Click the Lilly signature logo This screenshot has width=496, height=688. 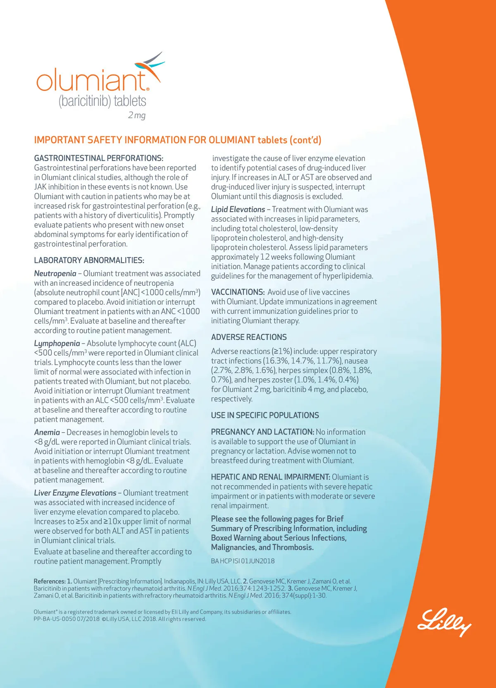[444, 621]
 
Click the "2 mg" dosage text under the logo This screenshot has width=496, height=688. [137, 115]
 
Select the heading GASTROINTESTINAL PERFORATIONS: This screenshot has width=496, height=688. [98, 158]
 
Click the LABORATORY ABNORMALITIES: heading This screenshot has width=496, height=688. [89, 260]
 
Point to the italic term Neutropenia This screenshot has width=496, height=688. [55, 274]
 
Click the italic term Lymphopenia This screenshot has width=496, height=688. [57, 344]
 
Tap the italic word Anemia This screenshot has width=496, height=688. [47, 432]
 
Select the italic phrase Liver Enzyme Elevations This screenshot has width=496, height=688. [75, 493]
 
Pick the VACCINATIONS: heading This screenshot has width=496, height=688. [238, 292]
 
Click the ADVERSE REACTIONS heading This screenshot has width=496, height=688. [249, 337]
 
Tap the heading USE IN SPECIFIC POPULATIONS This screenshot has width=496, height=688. [265, 416]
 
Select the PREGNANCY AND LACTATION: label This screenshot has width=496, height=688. [262, 432]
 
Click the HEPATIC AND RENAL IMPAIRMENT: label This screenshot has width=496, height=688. [270, 477]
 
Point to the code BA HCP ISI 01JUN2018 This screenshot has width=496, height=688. [243, 561]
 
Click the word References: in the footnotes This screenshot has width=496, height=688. [50, 581]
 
